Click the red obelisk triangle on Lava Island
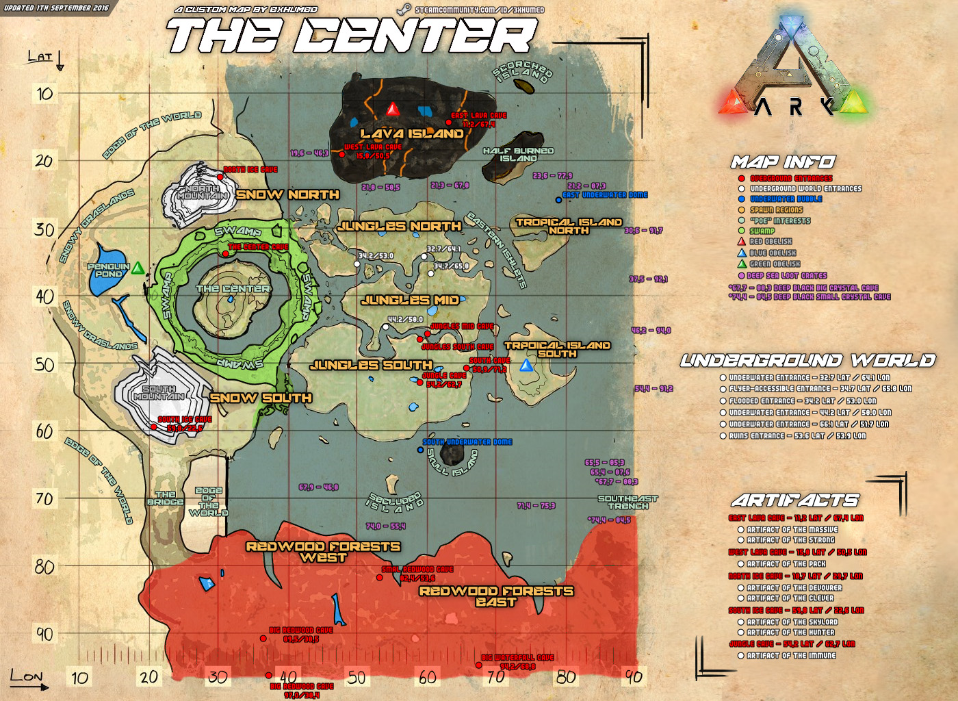pyautogui.click(x=393, y=110)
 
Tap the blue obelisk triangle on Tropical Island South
pyautogui.click(x=526, y=365)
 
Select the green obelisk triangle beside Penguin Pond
pyautogui.click(x=138, y=268)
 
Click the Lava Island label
pyautogui.click(x=412, y=133)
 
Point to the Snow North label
pyautogui.click(x=287, y=194)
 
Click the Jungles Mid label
pyautogui.click(x=410, y=300)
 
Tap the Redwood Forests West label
pyautogui.click(x=323, y=552)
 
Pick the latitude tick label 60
pyautogui.click(x=44, y=431)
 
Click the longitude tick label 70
pyautogui.click(x=496, y=677)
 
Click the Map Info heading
pyautogui.click(x=783, y=162)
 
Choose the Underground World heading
pyautogui.click(x=807, y=361)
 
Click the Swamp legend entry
pyautogui.click(x=762, y=231)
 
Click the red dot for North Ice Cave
pyautogui.click(x=220, y=177)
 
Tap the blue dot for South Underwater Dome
pyautogui.click(x=420, y=450)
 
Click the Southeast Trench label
pyautogui.click(x=627, y=502)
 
